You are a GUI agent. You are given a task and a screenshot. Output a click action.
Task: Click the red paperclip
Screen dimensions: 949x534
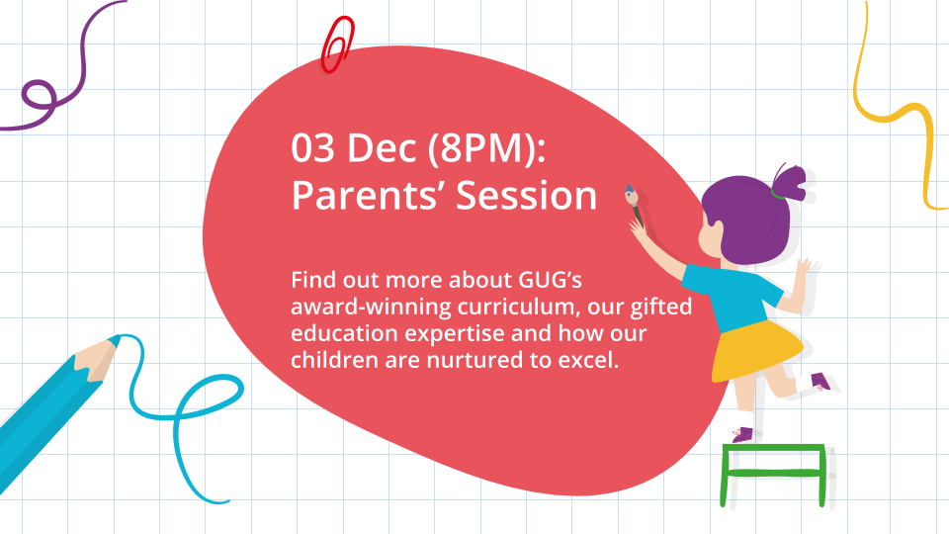tap(337, 44)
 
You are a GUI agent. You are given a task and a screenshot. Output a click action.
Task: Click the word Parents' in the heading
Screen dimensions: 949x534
tap(369, 195)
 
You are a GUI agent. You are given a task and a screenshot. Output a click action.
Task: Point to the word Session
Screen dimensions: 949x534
tap(527, 196)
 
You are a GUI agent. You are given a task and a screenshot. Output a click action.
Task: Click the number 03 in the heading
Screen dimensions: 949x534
tap(312, 147)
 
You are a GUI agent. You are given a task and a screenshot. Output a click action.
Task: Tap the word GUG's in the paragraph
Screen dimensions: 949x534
tap(551, 280)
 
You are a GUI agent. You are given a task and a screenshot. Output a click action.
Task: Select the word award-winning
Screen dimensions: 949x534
tap(371, 307)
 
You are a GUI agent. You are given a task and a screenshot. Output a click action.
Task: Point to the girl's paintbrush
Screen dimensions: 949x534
tap(635, 205)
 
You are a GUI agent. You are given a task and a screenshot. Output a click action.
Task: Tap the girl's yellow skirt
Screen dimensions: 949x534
tap(756, 351)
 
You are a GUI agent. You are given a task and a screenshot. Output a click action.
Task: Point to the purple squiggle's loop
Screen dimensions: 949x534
tap(40, 95)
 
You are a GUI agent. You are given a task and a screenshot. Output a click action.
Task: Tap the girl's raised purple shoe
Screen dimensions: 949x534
tap(820, 382)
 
